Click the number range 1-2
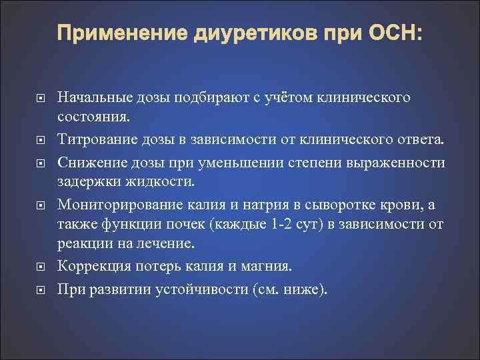tap(282, 223)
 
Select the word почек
tap(186, 223)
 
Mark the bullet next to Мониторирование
tap(40, 203)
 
